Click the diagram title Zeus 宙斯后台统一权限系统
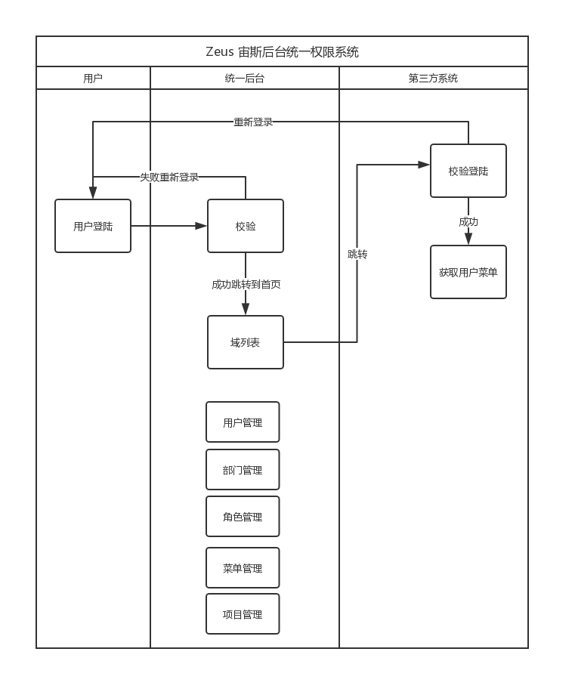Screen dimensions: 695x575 (282, 52)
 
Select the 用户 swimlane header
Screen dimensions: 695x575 (93, 78)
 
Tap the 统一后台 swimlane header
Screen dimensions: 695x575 (245, 78)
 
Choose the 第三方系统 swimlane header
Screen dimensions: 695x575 (433, 78)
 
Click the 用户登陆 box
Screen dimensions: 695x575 (93, 226)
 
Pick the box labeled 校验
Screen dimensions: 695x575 (246, 226)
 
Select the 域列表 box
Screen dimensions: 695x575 (246, 342)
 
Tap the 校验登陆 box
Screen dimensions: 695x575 (468, 171)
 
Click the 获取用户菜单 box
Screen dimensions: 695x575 (468, 272)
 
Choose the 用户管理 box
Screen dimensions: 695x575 (243, 422)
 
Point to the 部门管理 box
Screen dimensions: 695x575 (243, 470)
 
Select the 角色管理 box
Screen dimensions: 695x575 (243, 517)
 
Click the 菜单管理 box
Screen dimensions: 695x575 (243, 568)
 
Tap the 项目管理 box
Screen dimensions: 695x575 (243, 614)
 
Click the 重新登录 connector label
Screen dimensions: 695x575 (253, 122)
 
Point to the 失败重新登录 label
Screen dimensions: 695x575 (169, 178)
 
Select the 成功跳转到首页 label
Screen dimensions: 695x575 (246, 285)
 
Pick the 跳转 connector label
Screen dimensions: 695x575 (357, 255)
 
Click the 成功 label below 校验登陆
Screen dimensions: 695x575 (468, 222)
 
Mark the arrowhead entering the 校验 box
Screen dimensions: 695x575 (202, 226)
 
